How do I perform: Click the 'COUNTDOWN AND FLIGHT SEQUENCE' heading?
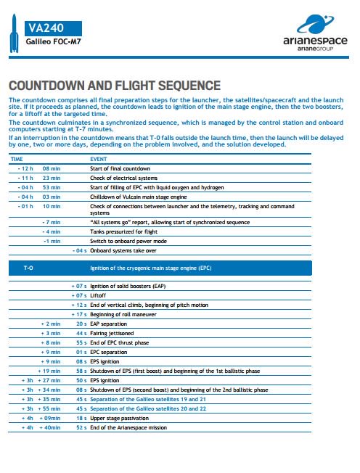coord(114,86)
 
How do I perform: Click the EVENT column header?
coord(98,157)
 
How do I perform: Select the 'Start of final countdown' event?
coord(120,168)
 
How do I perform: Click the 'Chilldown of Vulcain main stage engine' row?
coord(139,197)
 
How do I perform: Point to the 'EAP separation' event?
coord(110,323)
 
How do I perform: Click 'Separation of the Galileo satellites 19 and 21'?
coord(148,399)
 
